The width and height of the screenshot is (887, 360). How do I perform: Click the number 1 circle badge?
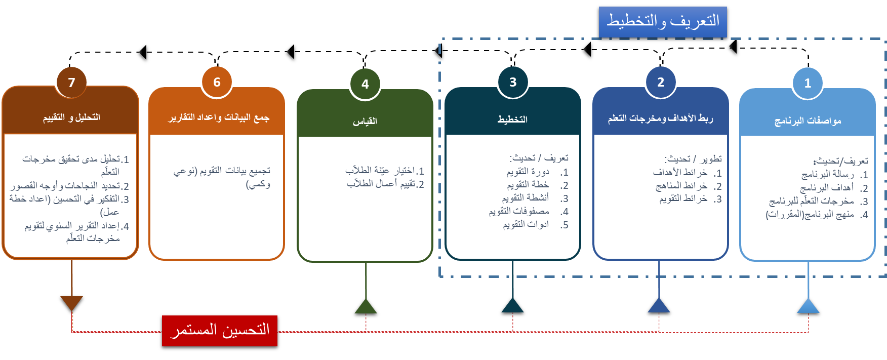pyautogui.click(x=808, y=83)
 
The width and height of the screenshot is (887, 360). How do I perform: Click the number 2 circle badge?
pyautogui.click(x=661, y=82)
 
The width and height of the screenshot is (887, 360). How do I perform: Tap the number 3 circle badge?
pyautogui.click(x=513, y=82)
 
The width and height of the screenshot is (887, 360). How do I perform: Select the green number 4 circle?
pyautogui.click(x=365, y=84)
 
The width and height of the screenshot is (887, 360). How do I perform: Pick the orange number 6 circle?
pyautogui.click(x=217, y=82)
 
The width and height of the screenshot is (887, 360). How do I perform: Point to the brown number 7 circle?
pyautogui.click(x=71, y=83)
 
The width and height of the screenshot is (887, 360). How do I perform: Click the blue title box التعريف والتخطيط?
pyautogui.click(x=663, y=21)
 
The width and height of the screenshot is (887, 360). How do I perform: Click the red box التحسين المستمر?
pyautogui.click(x=220, y=331)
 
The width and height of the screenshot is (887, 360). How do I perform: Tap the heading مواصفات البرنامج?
pyautogui.click(x=808, y=121)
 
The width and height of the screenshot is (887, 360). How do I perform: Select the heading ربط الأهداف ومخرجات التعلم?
pyautogui.click(x=660, y=118)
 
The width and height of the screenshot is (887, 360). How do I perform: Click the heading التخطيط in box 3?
pyautogui.click(x=512, y=119)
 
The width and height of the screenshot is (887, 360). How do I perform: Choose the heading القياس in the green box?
pyautogui.click(x=365, y=121)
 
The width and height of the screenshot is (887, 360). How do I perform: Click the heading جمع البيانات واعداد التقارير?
pyautogui.click(x=219, y=117)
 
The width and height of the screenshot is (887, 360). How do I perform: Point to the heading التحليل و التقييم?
pyautogui.click(x=71, y=117)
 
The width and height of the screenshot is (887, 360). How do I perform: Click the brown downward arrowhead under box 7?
pyautogui.click(x=71, y=303)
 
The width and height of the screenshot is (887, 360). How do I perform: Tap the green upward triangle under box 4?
pyautogui.click(x=366, y=307)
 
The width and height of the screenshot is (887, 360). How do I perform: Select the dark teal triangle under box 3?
pyautogui.click(x=512, y=306)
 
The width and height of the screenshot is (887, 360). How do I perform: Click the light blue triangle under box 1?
pyautogui.click(x=808, y=306)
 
